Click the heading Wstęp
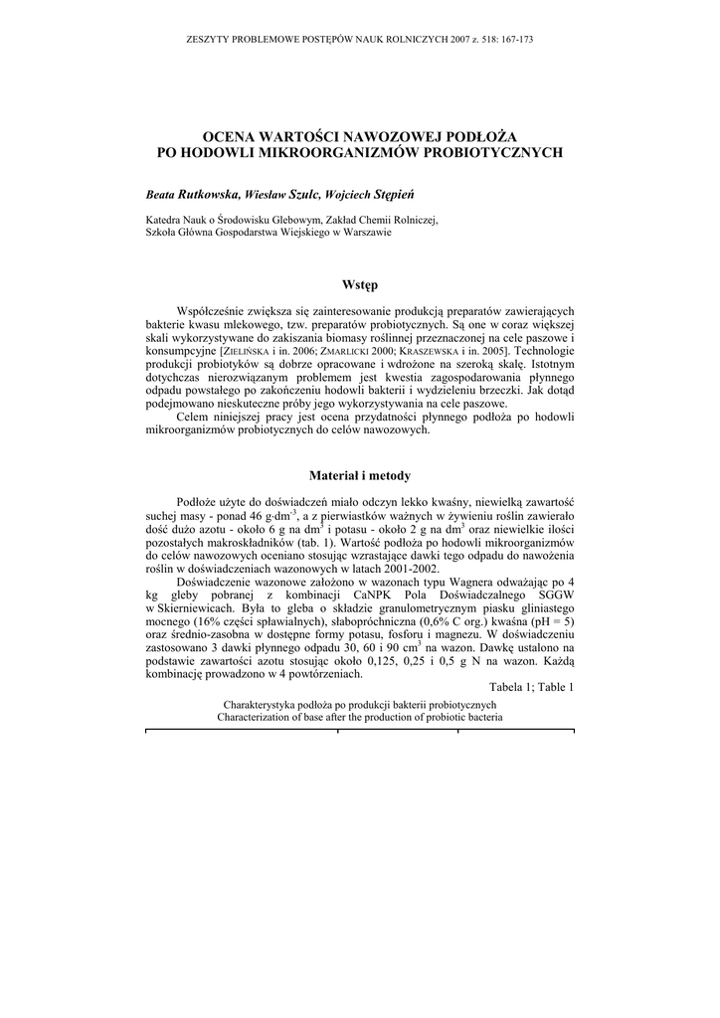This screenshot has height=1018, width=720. [x=360, y=285]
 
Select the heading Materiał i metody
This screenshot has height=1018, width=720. [x=360, y=476]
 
